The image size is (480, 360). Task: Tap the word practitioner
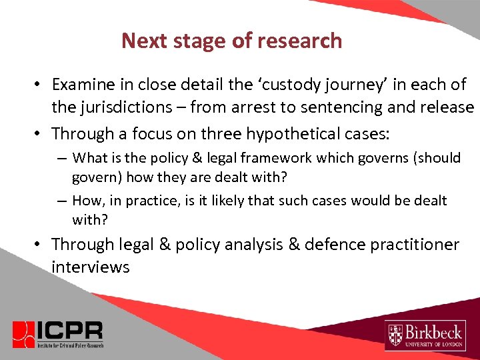coord(418,245)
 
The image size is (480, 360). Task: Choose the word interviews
coord(90,267)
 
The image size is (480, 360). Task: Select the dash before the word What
coord(61,158)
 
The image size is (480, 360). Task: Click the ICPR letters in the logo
coord(69,329)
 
